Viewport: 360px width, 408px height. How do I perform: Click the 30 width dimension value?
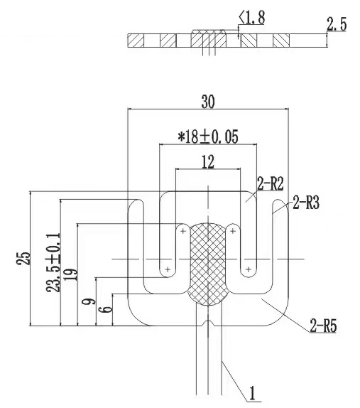pyautogui.click(x=208, y=102)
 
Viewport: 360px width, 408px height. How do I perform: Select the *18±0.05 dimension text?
pyautogui.click(x=208, y=136)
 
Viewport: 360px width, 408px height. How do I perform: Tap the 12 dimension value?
pyautogui.click(x=208, y=162)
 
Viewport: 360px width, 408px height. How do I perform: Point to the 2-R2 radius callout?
pyautogui.click(x=271, y=183)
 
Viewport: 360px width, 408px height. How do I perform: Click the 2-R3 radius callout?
pyautogui.click(x=306, y=203)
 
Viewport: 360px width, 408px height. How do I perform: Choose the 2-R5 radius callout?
pyautogui.click(x=323, y=326)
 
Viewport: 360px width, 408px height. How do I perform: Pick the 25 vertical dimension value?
pyautogui.click(x=24, y=259)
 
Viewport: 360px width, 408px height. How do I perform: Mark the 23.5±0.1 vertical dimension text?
pyautogui.click(x=54, y=262)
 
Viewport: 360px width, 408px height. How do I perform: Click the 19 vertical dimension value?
pyautogui.click(x=71, y=274)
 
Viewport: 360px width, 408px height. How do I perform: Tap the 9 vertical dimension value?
pyautogui.click(x=89, y=302)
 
